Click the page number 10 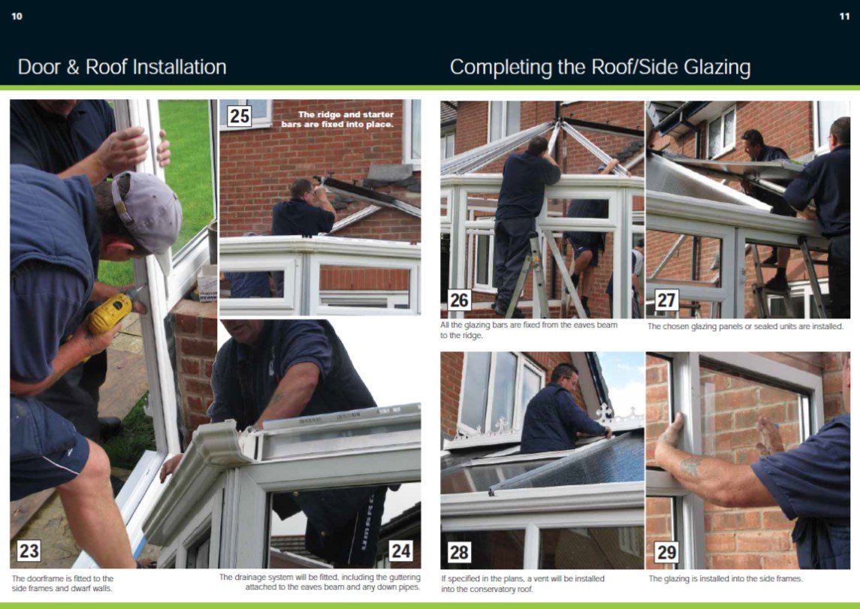(17, 17)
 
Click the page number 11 (844, 17)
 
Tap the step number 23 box (29, 550)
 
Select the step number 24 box (401, 550)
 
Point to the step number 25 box (240, 116)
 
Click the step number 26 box (459, 300)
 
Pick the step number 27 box (666, 300)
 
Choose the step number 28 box (459, 552)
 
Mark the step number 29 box (666, 552)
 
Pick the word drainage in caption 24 (252, 577)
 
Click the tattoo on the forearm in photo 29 (690, 466)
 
